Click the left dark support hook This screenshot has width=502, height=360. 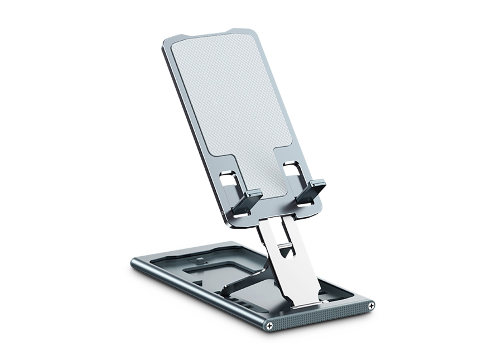tap(247, 202)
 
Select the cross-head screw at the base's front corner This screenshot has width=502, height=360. tap(270, 324)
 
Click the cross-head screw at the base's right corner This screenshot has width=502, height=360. tap(370, 304)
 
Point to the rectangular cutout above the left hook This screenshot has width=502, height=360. tap(228, 181)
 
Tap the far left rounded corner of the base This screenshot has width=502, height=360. tap(134, 262)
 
